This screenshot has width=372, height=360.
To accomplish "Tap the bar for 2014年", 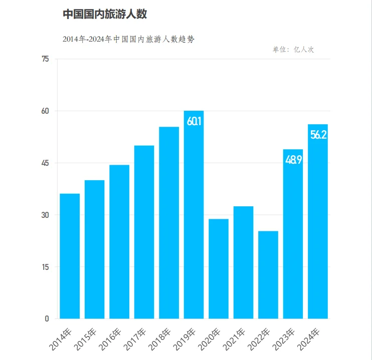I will (70, 256).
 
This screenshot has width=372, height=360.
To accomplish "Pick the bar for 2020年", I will (219, 268).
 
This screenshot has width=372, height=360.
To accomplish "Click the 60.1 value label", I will (194, 121).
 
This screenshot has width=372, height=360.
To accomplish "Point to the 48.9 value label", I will (293, 160).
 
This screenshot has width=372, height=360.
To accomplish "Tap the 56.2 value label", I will (318, 135).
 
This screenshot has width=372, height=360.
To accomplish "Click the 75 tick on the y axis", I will (46, 59).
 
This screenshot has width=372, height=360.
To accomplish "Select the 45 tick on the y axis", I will (46, 163).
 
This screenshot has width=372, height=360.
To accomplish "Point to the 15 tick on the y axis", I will (46, 267).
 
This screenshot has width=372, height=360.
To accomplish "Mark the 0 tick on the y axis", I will (47, 318).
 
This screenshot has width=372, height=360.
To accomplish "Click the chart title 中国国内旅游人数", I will (105, 15).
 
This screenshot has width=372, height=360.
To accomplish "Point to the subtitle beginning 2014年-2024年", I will (128, 39).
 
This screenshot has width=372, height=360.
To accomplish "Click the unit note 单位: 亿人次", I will (293, 50).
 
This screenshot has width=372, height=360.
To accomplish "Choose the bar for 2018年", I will (169, 223).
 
